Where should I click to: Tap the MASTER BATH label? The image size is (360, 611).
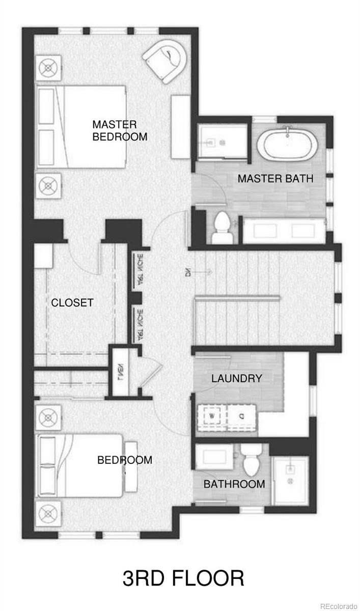[275, 179]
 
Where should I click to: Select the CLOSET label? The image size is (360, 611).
[72, 302]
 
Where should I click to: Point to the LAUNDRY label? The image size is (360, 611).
[237, 378]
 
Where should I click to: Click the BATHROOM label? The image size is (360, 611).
[234, 484]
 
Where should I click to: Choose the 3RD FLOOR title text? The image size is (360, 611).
[183, 579]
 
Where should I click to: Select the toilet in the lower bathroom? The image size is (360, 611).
[251, 461]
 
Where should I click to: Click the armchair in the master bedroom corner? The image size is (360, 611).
[167, 62]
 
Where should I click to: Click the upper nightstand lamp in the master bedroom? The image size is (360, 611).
[48, 67]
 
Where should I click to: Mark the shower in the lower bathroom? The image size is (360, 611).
[291, 479]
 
